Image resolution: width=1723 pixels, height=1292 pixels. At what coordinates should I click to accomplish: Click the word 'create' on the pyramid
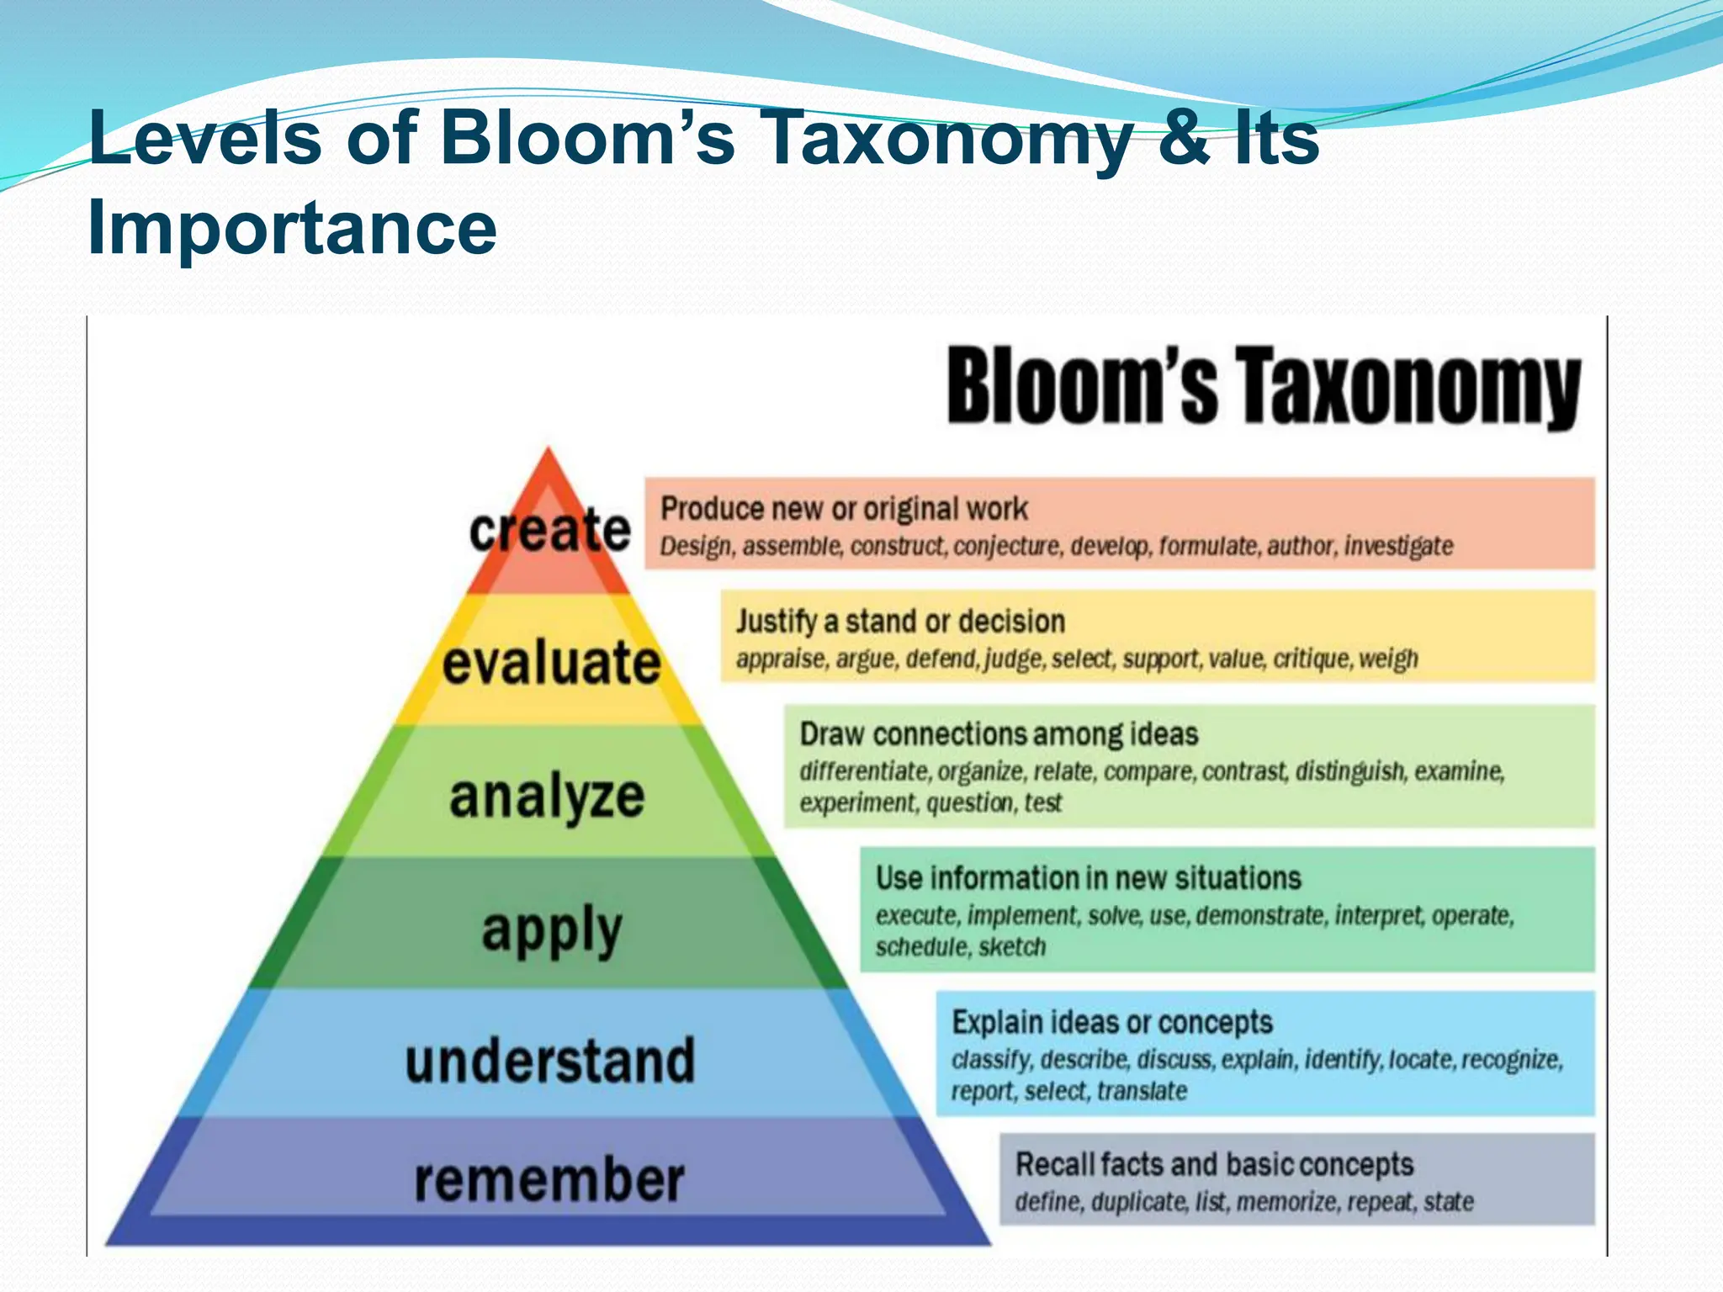550,530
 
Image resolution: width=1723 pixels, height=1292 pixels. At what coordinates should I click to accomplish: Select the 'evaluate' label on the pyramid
552,663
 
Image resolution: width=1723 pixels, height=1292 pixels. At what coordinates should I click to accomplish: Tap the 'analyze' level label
547,796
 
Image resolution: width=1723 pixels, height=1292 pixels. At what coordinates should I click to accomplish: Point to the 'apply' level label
552,930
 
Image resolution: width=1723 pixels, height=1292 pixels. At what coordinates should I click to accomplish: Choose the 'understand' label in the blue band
550,1061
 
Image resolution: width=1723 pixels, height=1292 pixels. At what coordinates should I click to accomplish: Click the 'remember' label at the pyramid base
549,1180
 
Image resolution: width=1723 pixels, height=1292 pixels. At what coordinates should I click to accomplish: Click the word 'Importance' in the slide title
293,228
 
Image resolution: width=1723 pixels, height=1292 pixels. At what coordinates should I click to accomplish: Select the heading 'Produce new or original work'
844,509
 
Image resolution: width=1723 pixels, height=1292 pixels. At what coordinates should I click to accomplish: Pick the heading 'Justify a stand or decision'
900,622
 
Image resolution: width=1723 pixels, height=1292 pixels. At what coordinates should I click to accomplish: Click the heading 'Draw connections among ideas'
999,734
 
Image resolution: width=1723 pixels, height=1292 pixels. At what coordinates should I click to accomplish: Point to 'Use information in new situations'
1088,878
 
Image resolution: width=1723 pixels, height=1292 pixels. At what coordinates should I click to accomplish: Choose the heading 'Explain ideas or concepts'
1111,1023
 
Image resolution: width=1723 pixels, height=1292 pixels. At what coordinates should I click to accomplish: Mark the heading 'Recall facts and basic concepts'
1214,1165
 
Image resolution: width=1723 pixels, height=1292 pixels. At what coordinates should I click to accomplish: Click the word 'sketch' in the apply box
1012,947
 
